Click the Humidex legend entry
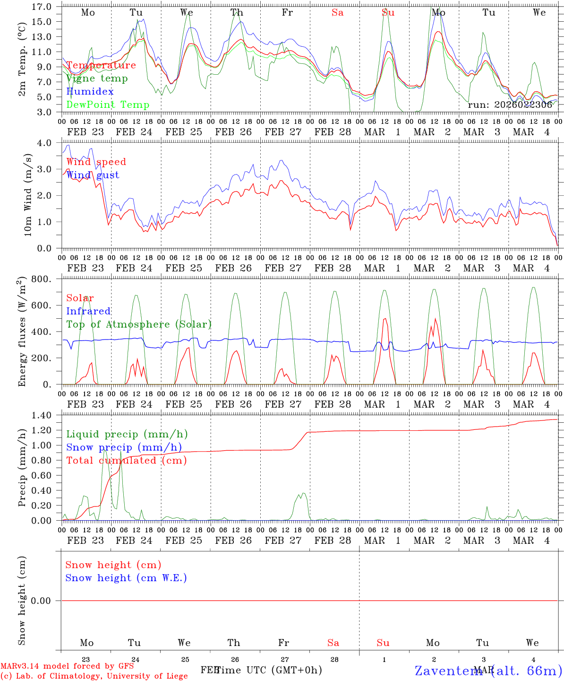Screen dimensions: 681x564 point(90,91)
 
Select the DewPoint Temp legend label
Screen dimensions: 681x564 point(108,105)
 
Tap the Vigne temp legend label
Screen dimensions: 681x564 point(97,79)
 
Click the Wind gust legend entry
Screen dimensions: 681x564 point(93,175)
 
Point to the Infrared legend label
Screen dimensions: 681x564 point(88,311)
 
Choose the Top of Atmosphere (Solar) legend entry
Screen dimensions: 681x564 point(139,324)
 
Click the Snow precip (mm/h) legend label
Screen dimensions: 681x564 point(124,447)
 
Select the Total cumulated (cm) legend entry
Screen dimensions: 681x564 point(127,461)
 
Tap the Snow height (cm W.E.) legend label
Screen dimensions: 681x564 point(126,578)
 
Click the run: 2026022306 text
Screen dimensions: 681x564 point(510,105)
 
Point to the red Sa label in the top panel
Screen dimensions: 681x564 point(337,13)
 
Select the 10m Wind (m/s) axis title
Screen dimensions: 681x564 point(28,195)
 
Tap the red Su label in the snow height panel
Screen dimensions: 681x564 point(383,643)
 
